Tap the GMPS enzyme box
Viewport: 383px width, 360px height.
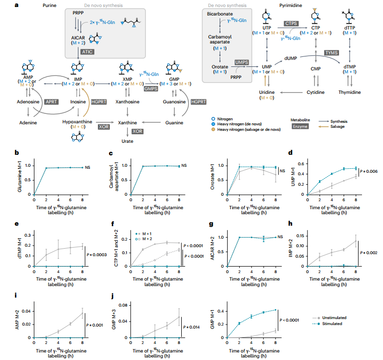(x=150, y=88)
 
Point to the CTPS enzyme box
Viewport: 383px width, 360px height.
(x=291, y=23)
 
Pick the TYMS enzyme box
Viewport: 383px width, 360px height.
(x=331, y=52)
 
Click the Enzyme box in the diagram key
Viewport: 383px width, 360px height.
(x=301, y=127)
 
